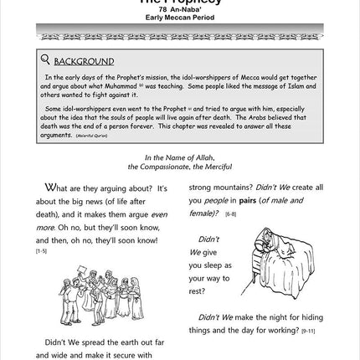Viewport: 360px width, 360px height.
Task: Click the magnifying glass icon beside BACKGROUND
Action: coord(45,59)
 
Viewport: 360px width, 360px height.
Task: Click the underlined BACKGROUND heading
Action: coord(84,61)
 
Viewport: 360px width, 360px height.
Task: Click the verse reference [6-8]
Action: coord(230,213)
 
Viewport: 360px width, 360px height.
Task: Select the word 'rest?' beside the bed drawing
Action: coord(197,291)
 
